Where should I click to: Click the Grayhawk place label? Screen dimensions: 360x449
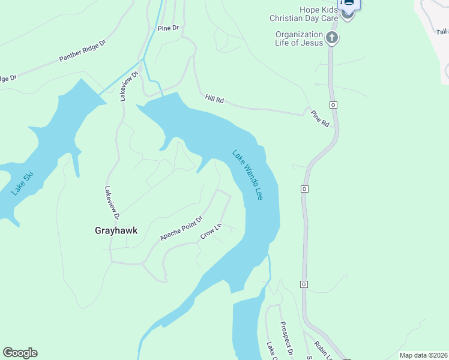click(112, 230)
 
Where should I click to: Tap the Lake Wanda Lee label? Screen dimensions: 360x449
click(247, 174)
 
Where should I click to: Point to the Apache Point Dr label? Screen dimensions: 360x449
click(181, 229)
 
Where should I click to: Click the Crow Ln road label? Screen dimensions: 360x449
click(211, 232)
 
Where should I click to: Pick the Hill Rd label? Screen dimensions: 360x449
click(214, 99)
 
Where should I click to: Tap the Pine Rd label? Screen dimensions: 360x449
click(320, 118)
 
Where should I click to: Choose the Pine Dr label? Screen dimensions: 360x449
click(168, 28)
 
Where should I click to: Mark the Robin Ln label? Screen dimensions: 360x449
click(320, 350)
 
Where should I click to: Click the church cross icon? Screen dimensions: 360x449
click(332, 39)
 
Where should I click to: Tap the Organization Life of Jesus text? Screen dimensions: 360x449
click(300, 38)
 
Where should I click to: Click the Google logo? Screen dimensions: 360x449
click(20, 353)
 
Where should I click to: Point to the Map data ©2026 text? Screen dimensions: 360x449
click(423, 355)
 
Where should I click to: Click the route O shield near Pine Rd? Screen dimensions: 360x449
click(334, 104)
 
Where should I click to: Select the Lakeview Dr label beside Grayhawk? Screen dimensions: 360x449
click(112, 202)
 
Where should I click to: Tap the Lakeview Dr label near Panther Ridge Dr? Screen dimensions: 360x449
click(128, 85)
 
